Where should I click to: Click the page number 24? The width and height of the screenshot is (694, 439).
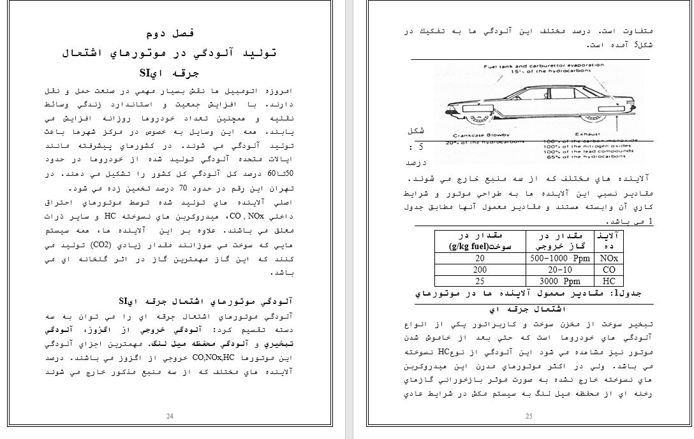click(x=170, y=416)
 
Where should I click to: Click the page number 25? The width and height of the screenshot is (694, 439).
click(x=529, y=416)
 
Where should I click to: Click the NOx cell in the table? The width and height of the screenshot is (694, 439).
click(x=609, y=258)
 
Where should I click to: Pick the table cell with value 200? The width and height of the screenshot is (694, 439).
click(x=480, y=270)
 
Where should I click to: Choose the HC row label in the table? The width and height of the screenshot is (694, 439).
click(x=609, y=281)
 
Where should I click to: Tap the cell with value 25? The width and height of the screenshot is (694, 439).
click(x=480, y=281)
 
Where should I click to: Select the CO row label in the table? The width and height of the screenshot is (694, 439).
click(x=609, y=270)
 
